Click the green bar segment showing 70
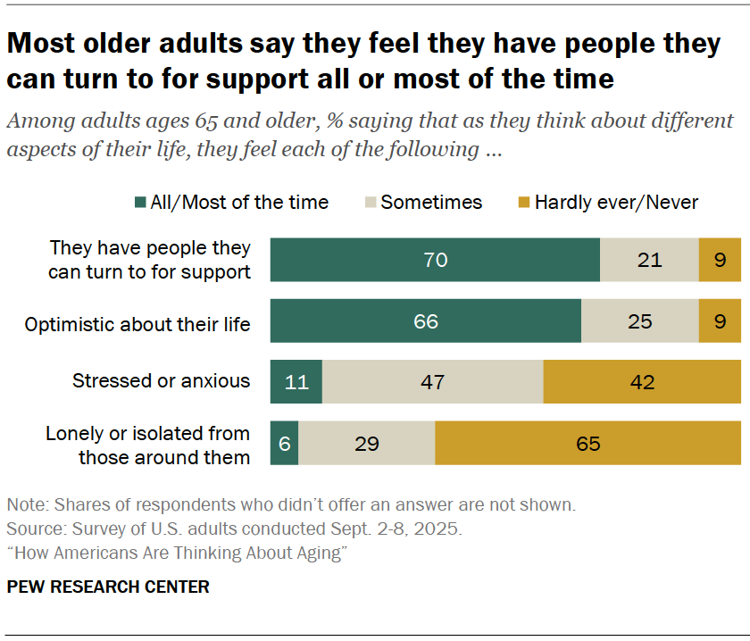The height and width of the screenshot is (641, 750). (435, 260)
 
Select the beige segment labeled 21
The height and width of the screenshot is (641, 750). (649, 260)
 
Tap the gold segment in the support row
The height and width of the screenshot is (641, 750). (720, 260)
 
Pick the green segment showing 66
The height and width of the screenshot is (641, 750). (426, 320)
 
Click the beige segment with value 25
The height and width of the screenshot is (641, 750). (640, 320)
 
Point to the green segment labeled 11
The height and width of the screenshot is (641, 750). (296, 382)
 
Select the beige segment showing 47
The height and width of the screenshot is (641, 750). (432, 382)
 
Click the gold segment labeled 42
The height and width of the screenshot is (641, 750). (642, 382)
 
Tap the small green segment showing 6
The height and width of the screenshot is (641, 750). (284, 444)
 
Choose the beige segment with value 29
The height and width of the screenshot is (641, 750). (367, 444)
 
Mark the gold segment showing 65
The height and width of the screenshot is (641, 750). (587, 444)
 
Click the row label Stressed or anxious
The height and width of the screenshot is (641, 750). (161, 381)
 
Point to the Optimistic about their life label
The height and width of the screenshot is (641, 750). (138, 326)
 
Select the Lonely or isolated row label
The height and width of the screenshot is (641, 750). (148, 445)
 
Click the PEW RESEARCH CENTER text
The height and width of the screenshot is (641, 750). (108, 587)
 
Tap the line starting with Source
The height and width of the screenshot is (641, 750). (234, 529)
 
